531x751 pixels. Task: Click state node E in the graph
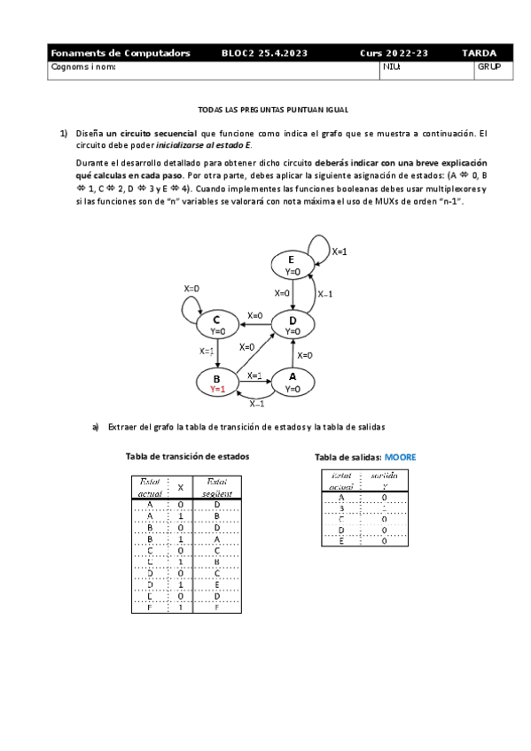click(293, 264)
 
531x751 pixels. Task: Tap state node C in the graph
click(216, 324)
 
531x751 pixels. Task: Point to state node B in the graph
click(216, 383)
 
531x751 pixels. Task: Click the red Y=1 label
click(217, 389)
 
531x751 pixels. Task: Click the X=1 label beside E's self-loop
click(339, 252)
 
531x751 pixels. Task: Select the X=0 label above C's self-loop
click(191, 289)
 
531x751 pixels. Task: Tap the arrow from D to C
click(254, 325)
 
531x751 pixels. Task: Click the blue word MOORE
click(400, 457)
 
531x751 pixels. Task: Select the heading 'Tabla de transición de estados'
click(187, 456)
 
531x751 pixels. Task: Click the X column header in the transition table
click(180, 487)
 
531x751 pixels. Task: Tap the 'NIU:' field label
click(392, 66)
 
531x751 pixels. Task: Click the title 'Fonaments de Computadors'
click(121, 53)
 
